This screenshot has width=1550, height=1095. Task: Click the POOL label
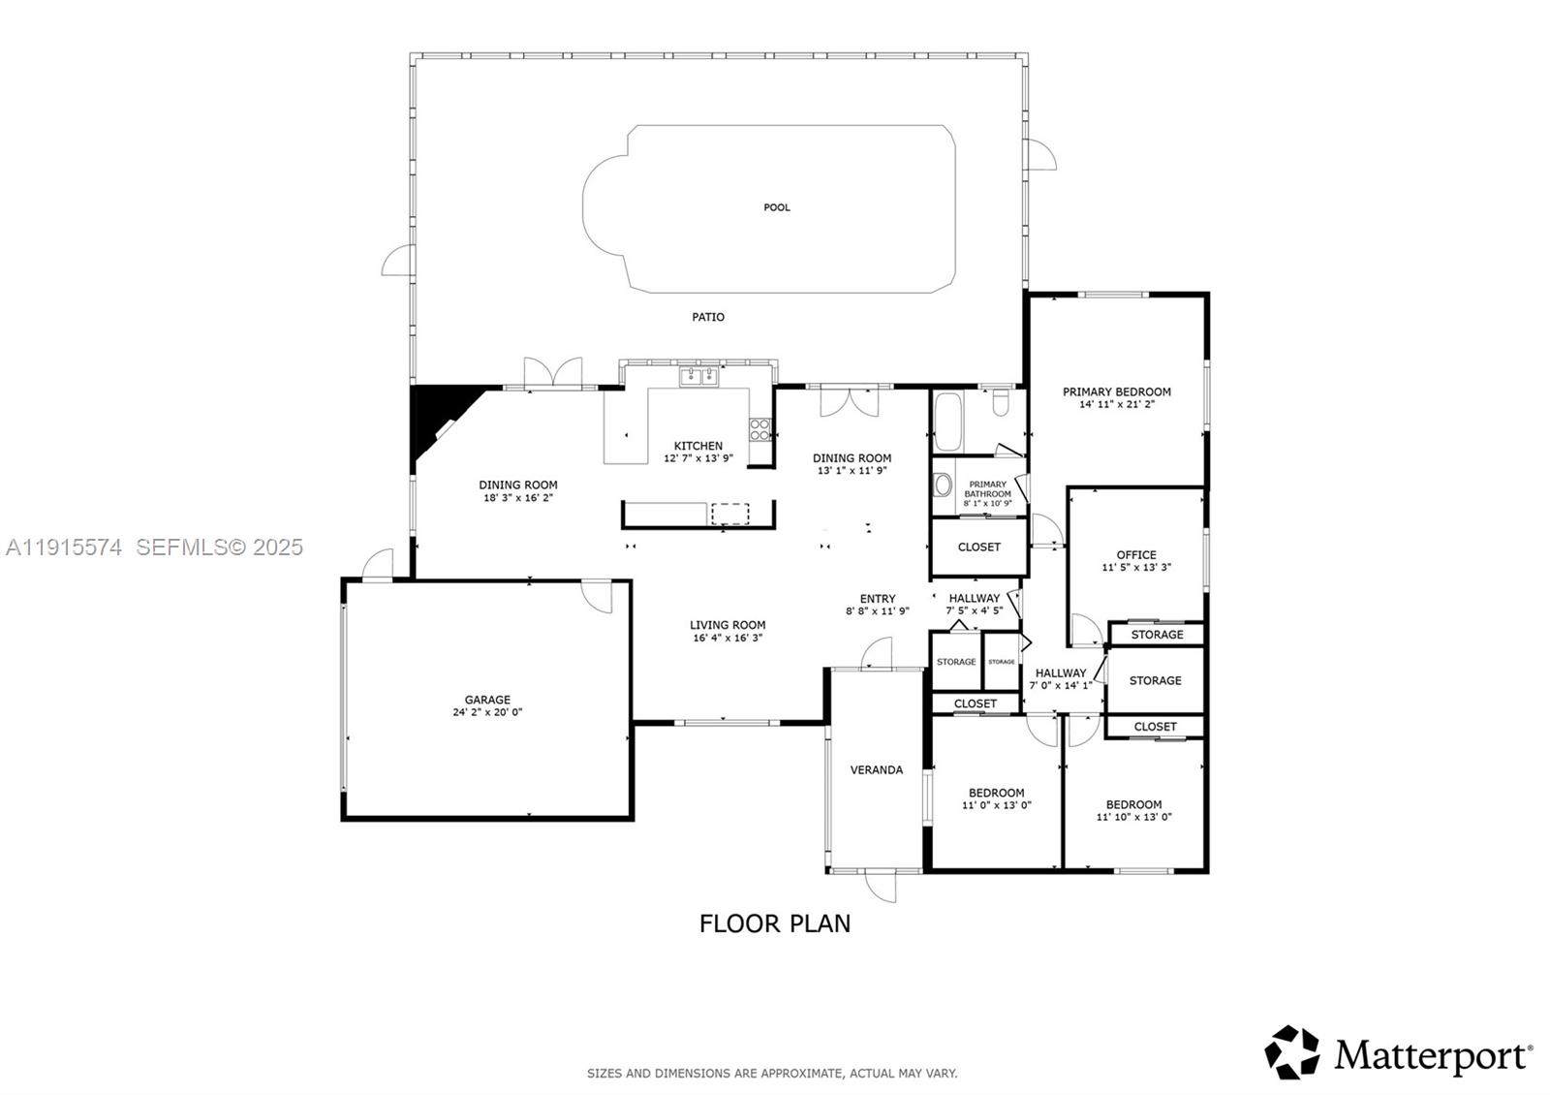click(777, 207)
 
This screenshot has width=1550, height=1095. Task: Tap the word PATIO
click(708, 317)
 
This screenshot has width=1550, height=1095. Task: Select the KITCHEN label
click(698, 446)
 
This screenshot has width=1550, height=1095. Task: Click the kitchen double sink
click(697, 376)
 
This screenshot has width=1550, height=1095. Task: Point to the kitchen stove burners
click(760, 429)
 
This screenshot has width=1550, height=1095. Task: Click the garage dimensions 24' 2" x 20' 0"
click(487, 712)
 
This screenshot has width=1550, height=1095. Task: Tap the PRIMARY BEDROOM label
click(1117, 391)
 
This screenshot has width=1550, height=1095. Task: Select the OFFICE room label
click(1136, 555)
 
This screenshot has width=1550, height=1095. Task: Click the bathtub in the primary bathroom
click(948, 422)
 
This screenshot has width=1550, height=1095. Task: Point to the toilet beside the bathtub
click(1002, 401)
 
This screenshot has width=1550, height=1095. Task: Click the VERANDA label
click(877, 770)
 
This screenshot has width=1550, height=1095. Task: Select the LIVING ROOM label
click(728, 625)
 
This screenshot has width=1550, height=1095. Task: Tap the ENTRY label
click(878, 599)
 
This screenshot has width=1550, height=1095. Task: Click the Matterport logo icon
click(1292, 1052)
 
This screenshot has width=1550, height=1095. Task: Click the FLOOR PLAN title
click(775, 923)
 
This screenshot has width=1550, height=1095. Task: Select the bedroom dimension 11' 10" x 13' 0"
click(1134, 817)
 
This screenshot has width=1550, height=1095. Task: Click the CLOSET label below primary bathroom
click(979, 547)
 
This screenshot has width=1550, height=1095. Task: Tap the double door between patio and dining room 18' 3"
click(553, 374)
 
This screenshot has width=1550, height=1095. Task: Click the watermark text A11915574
click(64, 547)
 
